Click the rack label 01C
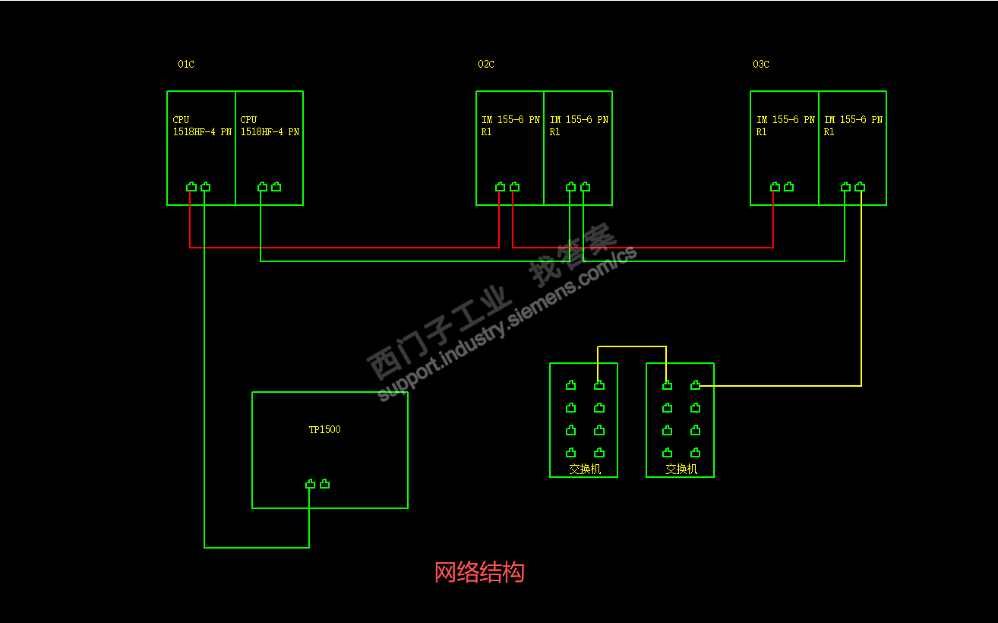[186, 65]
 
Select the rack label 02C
[486, 65]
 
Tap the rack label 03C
[761, 65]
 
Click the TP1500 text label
[324, 430]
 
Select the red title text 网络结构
[479, 572]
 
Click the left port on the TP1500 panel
[310, 484]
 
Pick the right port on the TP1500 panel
[324, 484]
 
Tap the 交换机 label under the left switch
[585, 470]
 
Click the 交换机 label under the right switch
[681, 470]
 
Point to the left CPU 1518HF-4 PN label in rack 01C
[202, 125]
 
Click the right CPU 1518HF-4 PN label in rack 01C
[270, 125]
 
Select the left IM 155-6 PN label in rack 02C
[510, 125]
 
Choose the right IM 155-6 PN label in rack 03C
[853, 125]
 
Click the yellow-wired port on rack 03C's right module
[860, 187]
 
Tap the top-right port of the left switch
[599, 385]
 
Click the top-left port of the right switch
[667, 385]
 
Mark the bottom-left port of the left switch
[570, 453]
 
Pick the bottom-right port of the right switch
[695, 453]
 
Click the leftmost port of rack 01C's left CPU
[191, 187]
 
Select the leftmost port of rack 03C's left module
[775, 187]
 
